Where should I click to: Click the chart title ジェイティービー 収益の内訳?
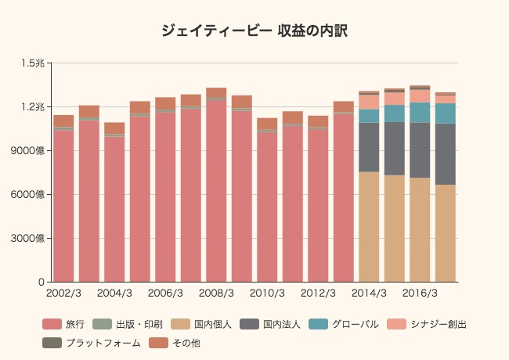tap(254, 31)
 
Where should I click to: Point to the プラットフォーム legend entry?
tap(92, 343)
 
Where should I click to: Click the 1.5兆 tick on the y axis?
tap(34, 63)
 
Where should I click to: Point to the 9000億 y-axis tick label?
tap(31, 150)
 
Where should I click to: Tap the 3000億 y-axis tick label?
tap(31, 238)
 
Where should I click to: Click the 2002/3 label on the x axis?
tap(63, 293)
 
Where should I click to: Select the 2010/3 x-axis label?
tap(267, 293)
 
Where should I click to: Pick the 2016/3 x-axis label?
tap(420, 293)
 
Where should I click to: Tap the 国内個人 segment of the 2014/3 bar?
tap(369, 226)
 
